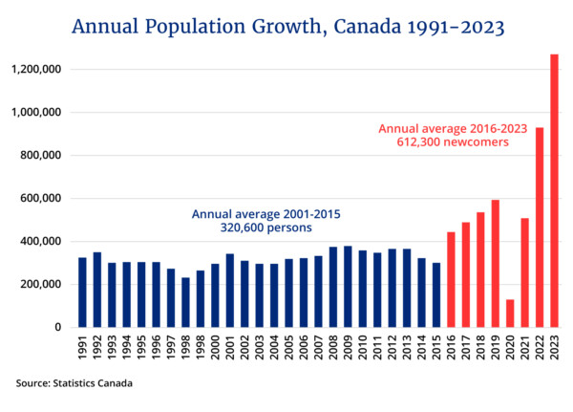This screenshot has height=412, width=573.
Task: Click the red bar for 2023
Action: tap(554, 191)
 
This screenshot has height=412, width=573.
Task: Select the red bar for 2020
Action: tap(509, 314)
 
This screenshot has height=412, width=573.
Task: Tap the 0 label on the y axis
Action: tap(58, 328)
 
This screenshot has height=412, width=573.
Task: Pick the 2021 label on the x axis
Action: tap(524, 349)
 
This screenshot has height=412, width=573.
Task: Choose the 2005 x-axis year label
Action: tap(288, 349)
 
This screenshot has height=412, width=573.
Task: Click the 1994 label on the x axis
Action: tap(126, 349)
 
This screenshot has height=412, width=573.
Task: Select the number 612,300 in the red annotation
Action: tap(414, 141)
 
